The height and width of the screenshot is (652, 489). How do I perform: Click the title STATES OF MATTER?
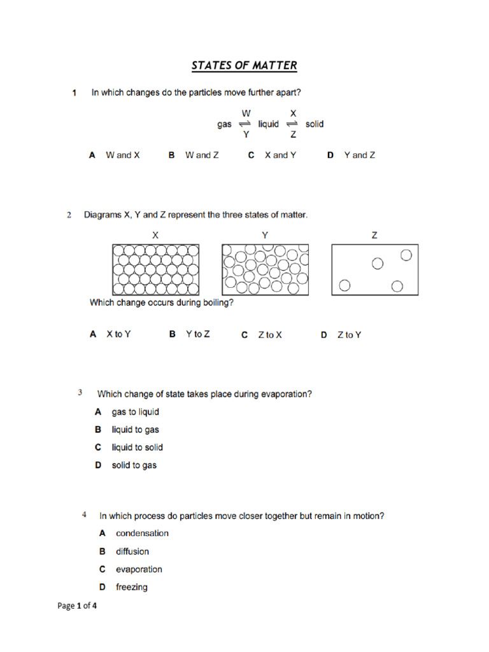point(244,66)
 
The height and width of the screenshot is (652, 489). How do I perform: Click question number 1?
point(74,93)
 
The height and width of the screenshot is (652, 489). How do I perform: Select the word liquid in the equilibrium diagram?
point(268,124)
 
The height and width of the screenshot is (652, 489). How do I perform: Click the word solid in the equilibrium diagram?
point(315,124)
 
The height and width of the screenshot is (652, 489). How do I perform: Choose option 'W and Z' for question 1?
point(201,155)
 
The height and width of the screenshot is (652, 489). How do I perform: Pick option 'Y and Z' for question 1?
point(359,155)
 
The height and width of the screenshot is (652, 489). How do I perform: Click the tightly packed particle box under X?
point(155,269)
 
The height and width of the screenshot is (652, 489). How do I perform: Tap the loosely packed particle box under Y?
point(264,269)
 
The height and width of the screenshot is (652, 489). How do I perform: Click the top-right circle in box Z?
point(406,255)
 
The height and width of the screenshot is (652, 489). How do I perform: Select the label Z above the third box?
point(374,235)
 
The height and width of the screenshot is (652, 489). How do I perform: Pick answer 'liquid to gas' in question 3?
point(135,430)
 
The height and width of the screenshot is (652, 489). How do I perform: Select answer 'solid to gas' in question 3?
point(134,465)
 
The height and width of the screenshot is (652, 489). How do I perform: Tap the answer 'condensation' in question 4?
point(142,534)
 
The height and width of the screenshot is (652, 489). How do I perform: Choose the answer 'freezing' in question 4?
point(131,587)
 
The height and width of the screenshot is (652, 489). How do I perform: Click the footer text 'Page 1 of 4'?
point(78,606)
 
